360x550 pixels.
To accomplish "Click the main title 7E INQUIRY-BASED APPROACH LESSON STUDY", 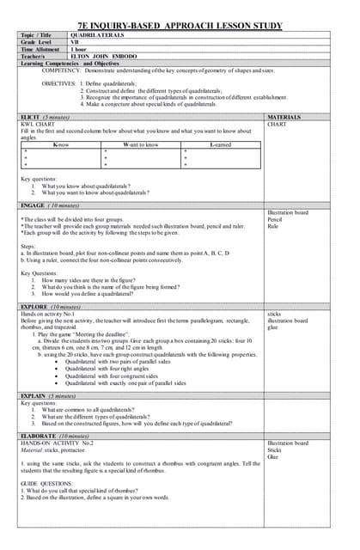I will [180, 27].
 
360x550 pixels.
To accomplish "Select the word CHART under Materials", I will [277, 124].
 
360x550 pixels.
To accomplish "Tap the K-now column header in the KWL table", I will [61, 145].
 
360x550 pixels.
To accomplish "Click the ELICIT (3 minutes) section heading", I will [46, 116].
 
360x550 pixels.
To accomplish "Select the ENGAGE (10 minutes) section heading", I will [50, 206].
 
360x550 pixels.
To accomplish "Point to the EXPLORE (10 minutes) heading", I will [51, 306].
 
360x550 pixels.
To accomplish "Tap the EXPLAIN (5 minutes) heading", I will [49, 396].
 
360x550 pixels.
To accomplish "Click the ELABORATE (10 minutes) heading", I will [54, 434].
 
